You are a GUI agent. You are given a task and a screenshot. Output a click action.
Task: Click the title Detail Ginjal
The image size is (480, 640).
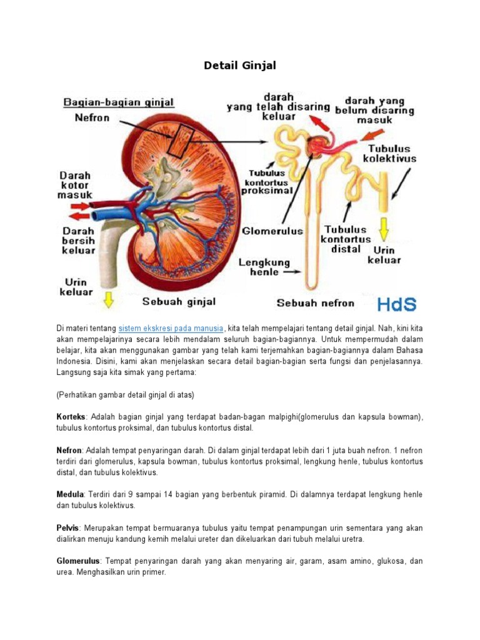coord(239,65)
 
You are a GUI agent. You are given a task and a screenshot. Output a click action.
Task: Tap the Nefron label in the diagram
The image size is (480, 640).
coord(92,117)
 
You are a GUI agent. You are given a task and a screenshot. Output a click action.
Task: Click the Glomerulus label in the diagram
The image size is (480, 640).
coord(272,231)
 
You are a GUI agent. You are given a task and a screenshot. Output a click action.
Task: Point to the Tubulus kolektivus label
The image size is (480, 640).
coord(389,154)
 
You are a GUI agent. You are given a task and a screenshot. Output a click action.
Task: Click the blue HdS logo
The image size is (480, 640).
coord(397,304)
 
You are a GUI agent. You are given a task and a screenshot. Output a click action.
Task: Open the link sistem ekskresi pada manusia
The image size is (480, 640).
coord(171,328)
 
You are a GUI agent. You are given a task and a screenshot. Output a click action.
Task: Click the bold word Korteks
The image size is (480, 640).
coord(71,417)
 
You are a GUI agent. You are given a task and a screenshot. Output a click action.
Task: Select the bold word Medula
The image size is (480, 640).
coord(70,494)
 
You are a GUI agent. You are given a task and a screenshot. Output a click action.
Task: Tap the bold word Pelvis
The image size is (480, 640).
coord(67,528)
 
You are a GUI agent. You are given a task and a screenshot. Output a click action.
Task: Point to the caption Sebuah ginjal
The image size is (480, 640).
coord(179,301)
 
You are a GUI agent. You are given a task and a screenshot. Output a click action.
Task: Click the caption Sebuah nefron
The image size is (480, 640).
coord(315,303)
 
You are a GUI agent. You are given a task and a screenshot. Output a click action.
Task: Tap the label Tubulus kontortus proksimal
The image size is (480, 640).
coord(270,181)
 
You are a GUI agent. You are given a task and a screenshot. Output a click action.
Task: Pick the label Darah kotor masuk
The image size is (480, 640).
coord(74,186)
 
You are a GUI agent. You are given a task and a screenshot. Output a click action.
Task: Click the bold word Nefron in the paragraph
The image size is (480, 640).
coord(69,450)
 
